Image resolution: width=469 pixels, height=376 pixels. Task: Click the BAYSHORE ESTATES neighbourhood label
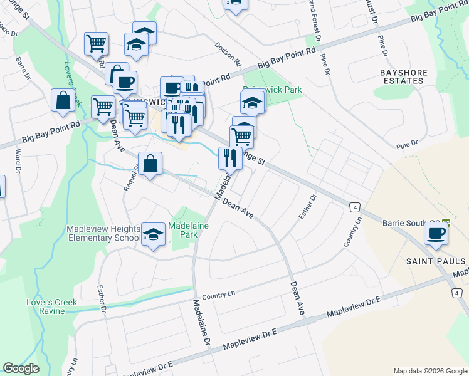[x=404, y=77]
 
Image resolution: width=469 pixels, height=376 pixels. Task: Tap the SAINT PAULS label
[x=435, y=261]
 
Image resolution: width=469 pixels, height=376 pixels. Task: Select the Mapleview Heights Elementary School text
[x=104, y=233]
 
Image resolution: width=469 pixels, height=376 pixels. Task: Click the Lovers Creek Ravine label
[x=52, y=306]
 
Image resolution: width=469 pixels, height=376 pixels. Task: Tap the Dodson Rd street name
[x=228, y=55]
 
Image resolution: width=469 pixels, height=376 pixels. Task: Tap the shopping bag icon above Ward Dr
[x=63, y=102]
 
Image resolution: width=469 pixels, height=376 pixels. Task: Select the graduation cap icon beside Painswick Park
[x=252, y=103]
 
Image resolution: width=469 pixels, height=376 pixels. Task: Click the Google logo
[x=21, y=368]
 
